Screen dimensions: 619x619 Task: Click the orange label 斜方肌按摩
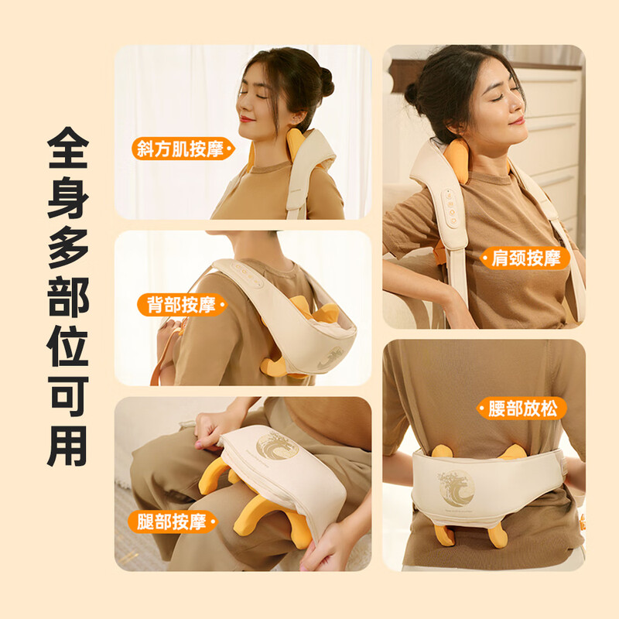[x=183, y=149]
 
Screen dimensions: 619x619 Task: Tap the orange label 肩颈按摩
[x=525, y=258]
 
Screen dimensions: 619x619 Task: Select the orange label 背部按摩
[x=183, y=305]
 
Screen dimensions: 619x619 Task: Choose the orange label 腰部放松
[x=522, y=409]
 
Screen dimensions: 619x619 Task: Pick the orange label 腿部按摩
[x=173, y=522]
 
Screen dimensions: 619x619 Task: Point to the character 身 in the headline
[x=68, y=197]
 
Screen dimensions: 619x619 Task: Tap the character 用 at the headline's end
[x=68, y=446]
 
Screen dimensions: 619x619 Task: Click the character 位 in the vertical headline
[x=68, y=346]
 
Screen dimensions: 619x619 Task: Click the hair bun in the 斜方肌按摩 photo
[x=327, y=82]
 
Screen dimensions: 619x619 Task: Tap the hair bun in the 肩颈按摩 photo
[x=412, y=94]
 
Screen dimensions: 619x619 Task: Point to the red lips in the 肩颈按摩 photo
[x=516, y=121]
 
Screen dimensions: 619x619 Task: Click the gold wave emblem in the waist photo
[x=457, y=488]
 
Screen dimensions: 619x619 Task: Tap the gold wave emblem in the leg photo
[x=276, y=446]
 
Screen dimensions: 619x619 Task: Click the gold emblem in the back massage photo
[x=331, y=358]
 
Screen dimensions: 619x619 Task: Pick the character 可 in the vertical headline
[x=68, y=396]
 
